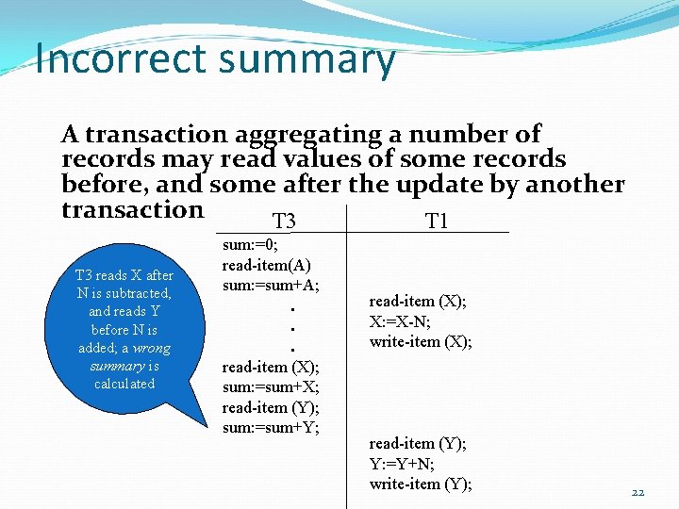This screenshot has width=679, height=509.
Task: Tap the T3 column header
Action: pyautogui.click(x=284, y=222)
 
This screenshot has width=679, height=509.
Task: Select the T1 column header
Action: pyautogui.click(x=437, y=222)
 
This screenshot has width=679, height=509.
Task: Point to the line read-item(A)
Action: pyautogui.click(x=267, y=265)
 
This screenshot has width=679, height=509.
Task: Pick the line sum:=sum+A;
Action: pyautogui.click(x=271, y=285)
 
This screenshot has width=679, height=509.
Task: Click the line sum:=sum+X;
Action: pyautogui.click(x=271, y=386)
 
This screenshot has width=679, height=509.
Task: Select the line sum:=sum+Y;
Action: pyautogui.click(x=271, y=428)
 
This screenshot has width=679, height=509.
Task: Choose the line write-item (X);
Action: pyautogui.click(x=421, y=341)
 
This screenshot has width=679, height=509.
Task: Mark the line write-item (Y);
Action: pyautogui.click(x=421, y=484)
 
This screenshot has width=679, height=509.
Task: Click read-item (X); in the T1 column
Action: pyautogui.click(x=418, y=302)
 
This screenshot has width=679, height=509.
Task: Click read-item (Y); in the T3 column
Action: pyautogui.click(x=271, y=407)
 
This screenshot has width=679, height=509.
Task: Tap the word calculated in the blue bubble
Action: pyautogui.click(x=124, y=384)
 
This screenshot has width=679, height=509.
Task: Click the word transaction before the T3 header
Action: pyautogui.click(x=132, y=209)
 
